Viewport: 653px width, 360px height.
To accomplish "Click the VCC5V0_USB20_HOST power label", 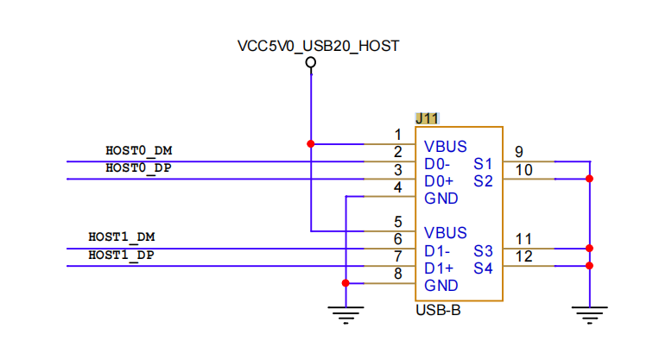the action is pyautogui.click(x=318, y=46).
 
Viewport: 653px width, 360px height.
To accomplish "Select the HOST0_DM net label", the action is pyautogui.click(x=139, y=151).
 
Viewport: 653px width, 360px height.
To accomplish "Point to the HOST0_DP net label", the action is pyautogui.click(x=139, y=168).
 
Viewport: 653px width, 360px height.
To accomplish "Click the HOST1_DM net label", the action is pyautogui.click(x=122, y=237).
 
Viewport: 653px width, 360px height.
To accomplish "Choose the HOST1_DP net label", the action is pyautogui.click(x=121, y=255).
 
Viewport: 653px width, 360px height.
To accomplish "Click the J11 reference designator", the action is pyautogui.click(x=427, y=119).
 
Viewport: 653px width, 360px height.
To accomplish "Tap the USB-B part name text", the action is pyautogui.click(x=438, y=311).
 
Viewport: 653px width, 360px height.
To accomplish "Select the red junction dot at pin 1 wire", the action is pyautogui.click(x=311, y=144).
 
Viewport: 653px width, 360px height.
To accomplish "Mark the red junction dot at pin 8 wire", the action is pyautogui.click(x=346, y=283).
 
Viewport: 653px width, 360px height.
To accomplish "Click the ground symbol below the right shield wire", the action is pyautogui.click(x=590, y=315).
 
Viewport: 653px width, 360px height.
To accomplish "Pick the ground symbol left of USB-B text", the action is pyautogui.click(x=346, y=315).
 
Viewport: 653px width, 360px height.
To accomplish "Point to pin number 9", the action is pyautogui.click(x=519, y=152).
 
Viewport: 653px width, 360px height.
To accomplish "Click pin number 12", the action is pyautogui.click(x=524, y=256).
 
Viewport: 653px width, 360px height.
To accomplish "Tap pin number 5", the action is pyautogui.click(x=398, y=222).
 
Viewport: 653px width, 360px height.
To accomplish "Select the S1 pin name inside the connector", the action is pyautogui.click(x=483, y=164).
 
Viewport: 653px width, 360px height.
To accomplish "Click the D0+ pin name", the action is pyautogui.click(x=439, y=181).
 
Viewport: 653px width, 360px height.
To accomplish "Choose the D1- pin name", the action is pyautogui.click(x=437, y=251).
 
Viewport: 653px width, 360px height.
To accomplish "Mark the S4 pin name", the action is pyautogui.click(x=483, y=268).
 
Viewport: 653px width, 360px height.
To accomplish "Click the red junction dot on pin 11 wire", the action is pyautogui.click(x=589, y=249).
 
